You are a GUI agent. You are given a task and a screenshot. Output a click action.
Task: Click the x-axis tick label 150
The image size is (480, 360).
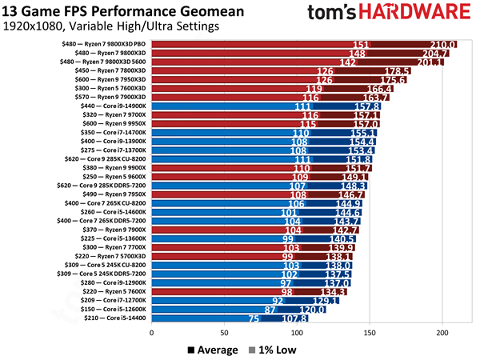pyautogui.click(x=370, y=332)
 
